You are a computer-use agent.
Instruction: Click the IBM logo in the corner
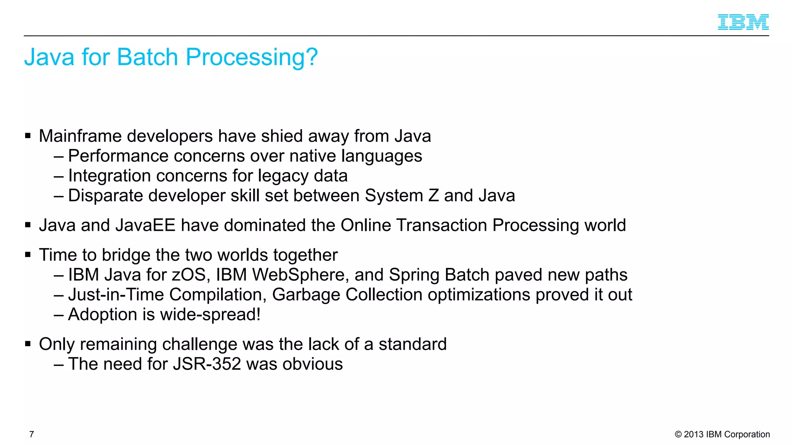pyautogui.click(x=743, y=22)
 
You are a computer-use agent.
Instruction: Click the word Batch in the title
pyautogui.click(x=147, y=57)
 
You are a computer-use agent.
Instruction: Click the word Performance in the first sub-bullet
pyautogui.click(x=118, y=156)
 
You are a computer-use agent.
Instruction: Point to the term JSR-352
pyautogui.click(x=207, y=364)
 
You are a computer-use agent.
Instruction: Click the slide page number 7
pyautogui.click(x=32, y=434)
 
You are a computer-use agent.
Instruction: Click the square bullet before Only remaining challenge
pyautogui.click(x=28, y=344)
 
